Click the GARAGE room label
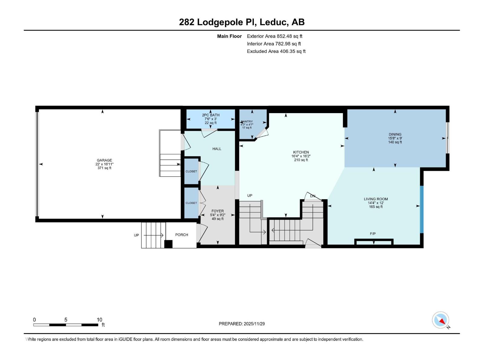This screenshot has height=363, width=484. point(104,160)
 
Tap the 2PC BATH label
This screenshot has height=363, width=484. point(211,115)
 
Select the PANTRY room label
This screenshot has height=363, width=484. point(247,122)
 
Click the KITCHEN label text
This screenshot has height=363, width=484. point(301,152)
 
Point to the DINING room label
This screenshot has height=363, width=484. point(395,134)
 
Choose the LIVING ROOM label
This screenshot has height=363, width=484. point(376,199)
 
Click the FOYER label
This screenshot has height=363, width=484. point(217,211)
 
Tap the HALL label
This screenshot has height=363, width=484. point(217,149)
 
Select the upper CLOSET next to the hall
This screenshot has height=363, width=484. point(191,171)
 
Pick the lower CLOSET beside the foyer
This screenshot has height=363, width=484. point(191,203)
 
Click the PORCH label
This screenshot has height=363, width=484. point(181,235)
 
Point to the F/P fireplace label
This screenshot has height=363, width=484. point(373,234)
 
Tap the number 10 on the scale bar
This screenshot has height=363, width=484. point(99,320)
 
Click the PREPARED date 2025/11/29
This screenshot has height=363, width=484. point(242,324)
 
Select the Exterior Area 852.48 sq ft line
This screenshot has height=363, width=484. point(274,36)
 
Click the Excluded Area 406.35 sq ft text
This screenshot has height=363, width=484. point(276,51)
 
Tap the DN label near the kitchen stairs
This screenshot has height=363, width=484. point(312,196)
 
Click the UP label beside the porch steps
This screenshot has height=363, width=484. point(136,235)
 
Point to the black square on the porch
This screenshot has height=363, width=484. point(168,244)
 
